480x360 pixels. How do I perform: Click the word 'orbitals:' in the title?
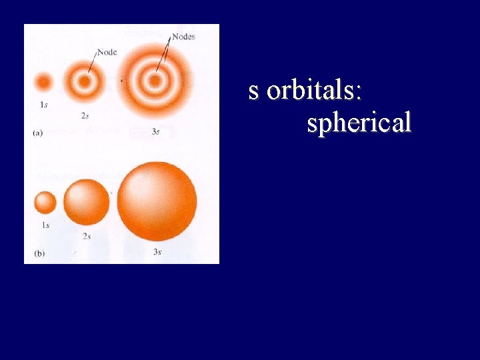(x=315, y=91)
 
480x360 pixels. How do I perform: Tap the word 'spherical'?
(x=359, y=123)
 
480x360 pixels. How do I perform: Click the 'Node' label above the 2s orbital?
(x=107, y=52)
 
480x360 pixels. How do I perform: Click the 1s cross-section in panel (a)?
(x=44, y=83)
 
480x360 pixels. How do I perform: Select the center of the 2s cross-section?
(x=84, y=83)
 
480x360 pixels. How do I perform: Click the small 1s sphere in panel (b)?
(x=45, y=202)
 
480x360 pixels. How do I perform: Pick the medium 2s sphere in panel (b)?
(x=86, y=202)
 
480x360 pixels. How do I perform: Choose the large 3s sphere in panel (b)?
(x=157, y=201)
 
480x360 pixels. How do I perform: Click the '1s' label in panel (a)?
(x=44, y=104)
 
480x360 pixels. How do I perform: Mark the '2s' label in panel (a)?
(x=85, y=115)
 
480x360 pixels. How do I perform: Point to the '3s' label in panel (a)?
(x=155, y=132)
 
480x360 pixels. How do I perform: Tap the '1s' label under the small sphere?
(x=45, y=225)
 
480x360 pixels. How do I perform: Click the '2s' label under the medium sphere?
(x=87, y=237)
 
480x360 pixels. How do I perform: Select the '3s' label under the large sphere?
(x=157, y=252)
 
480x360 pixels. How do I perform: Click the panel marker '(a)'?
(x=38, y=133)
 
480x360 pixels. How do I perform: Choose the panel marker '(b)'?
(x=38, y=253)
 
